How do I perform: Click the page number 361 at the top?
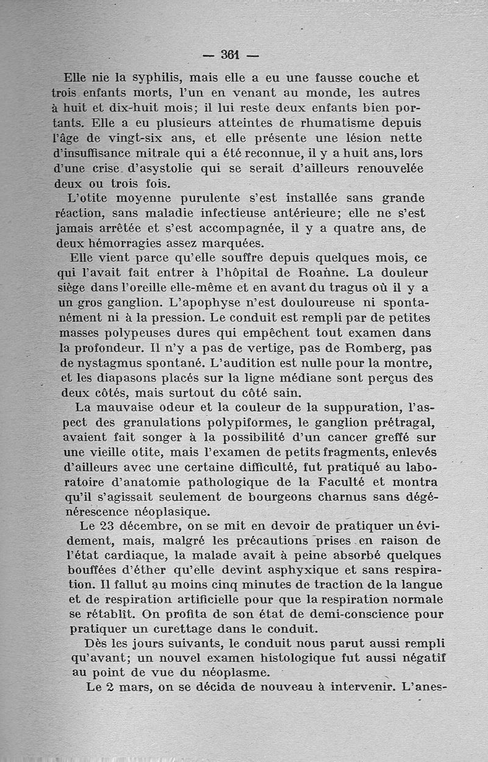230,55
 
